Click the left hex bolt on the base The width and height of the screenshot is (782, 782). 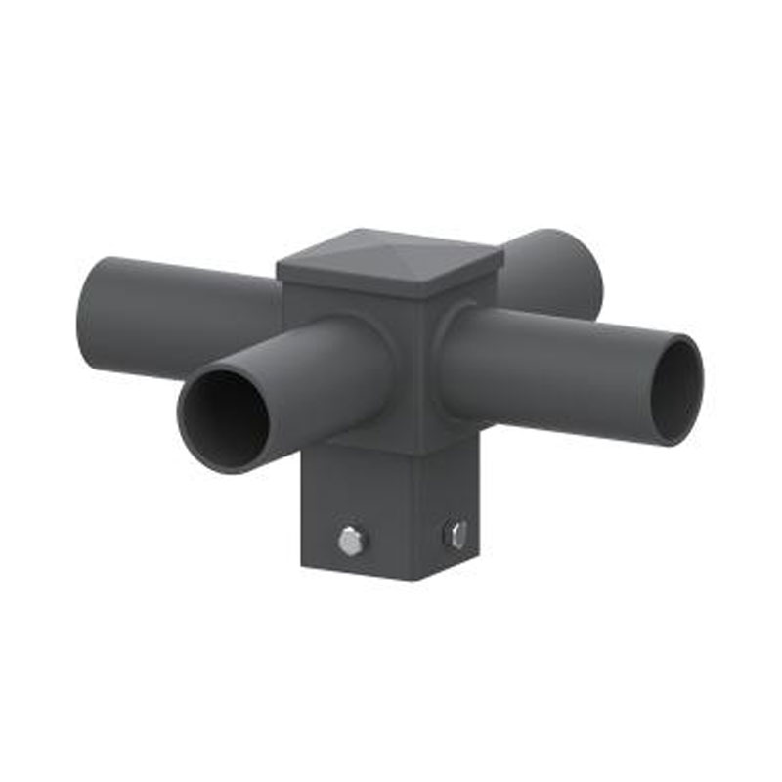[350, 540]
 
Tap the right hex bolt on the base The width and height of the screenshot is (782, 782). [456, 535]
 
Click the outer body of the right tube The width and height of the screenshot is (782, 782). [547, 371]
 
